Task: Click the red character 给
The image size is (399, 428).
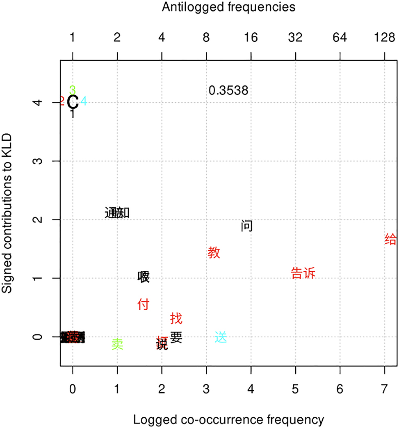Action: pos(391,239)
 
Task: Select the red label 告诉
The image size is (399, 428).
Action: pos(303,273)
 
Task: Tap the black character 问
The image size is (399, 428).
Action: pos(246,226)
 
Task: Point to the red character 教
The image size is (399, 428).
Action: pos(214,252)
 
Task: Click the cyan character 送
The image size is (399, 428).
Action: pos(221,337)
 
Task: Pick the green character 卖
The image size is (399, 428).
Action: pos(117,344)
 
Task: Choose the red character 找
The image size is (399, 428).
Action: pos(176,318)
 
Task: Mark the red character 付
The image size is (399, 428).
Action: pos(143,304)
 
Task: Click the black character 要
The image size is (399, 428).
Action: pos(176,337)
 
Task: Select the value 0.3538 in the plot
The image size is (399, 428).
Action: pos(228,90)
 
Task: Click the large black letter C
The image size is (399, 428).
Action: pos(73,101)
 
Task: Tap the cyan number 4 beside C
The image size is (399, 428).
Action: pos(83,101)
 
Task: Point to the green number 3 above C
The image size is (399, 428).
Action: pos(73,89)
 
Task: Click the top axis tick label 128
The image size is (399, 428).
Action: pos(384,38)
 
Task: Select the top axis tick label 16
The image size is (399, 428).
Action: pos(251,38)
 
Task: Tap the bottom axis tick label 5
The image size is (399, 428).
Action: pos(295,387)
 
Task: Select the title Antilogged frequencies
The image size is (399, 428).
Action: pos(228,7)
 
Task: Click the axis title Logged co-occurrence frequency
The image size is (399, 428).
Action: pos(228,420)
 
